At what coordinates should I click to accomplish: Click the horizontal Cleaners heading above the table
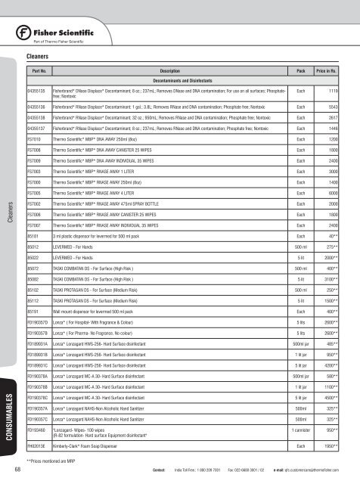[39, 56]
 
